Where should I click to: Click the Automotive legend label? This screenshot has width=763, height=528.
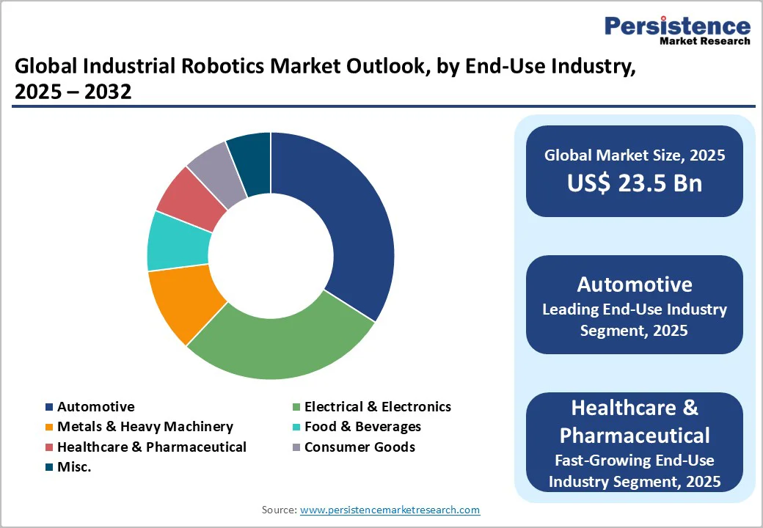[96, 406]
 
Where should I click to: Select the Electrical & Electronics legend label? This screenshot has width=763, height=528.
[378, 406]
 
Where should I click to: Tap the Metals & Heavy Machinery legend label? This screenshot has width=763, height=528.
[145, 427]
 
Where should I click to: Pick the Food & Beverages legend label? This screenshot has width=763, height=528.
[362, 427]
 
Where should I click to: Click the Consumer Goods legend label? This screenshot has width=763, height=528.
[359, 447]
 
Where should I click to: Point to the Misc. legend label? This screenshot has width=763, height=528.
[74, 467]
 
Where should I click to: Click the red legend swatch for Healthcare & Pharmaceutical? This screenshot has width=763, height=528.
[49, 447]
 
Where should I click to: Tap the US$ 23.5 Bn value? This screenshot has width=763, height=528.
[635, 183]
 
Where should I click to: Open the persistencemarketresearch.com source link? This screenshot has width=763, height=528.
[390, 510]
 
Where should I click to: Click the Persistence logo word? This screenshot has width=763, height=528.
[677, 26]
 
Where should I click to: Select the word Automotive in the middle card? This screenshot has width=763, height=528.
[635, 285]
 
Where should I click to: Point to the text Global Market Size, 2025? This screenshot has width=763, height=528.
[635, 155]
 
